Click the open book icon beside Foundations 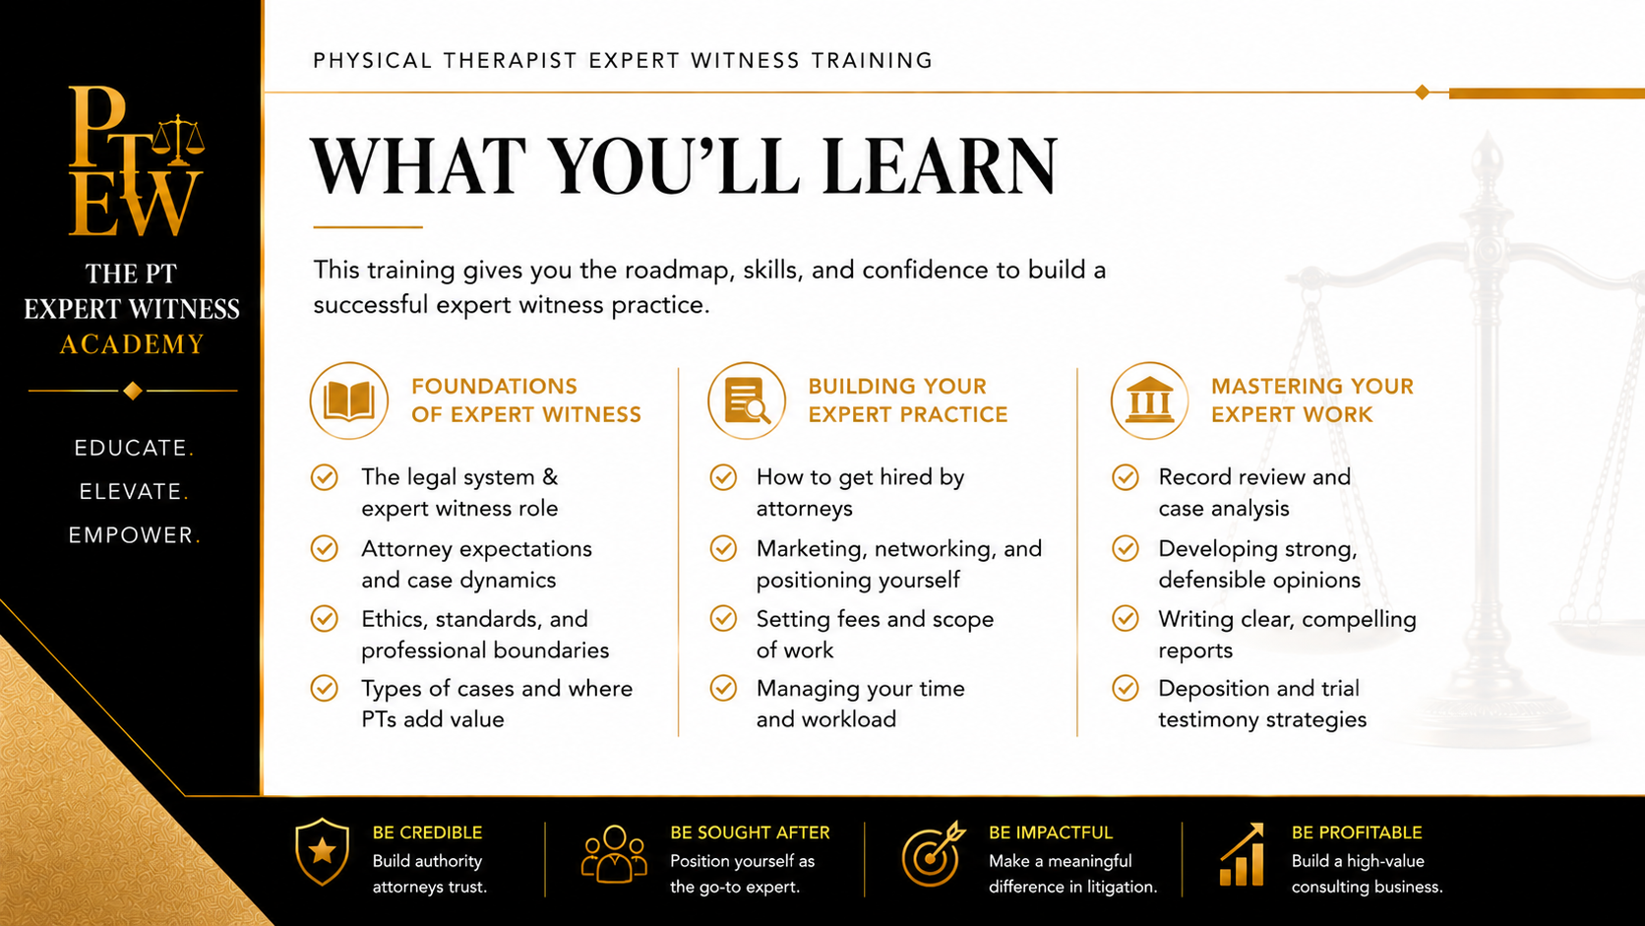pyautogui.click(x=349, y=401)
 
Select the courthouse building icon pyautogui.click(x=1149, y=401)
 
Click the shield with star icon pyautogui.click(x=322, y=852)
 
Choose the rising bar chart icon pyautogui.click(x=1242, y=854)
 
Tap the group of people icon pyautogui.click(x=614, y=854)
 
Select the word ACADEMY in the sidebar pyautogui.click(x=132, y=343)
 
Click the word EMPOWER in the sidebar pyautogui.click(x=131, y=535)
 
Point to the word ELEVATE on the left pyautogui.click(x=130, y=491)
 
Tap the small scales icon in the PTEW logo pyautogui.click(x=178, y=140)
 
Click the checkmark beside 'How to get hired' pyautogui.click(x=723, y=477)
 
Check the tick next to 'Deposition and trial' pyautogui.click(x=1126, y=688)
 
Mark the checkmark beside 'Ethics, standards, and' pyautogui.click(x=324, y=618)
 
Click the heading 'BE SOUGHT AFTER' pyautogui.click(x=750, y=833)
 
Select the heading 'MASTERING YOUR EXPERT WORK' pyautogui.click(x=1312, y=401)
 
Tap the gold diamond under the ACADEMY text pyautogui.click(x=133, y=390)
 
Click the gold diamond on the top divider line pyautogui.click(x=1423, y=92)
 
